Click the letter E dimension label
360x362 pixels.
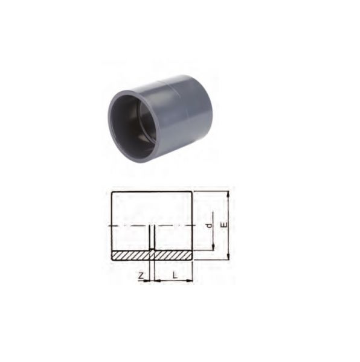pyautogui.click(x=224, y=225)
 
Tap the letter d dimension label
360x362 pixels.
pyautogui.click(x=209, y=225)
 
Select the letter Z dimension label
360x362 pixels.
pyautogui.click(x=141, y=276)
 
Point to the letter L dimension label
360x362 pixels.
pyautogui.click(x=175, y=275)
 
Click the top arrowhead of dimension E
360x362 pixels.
pyautogui.click(x=228, y=194)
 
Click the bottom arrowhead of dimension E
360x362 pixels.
pyautogui.click(x=228, y=257)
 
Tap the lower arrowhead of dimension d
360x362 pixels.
pyautogui.click(x=213, y=247)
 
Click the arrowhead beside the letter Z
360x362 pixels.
pyautogui.click(x=147, y=281)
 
